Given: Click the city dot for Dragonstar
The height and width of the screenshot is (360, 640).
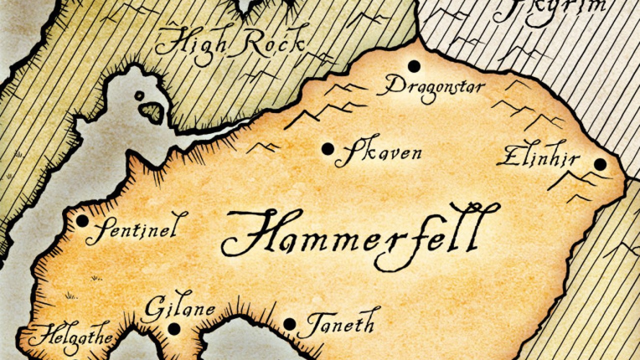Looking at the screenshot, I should click(413, 65).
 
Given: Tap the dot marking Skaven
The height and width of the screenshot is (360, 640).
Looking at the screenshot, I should click(327, 148).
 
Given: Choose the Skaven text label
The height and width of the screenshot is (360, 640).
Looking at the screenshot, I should click(378, 152).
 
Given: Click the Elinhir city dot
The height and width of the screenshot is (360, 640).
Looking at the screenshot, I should click(600, 164).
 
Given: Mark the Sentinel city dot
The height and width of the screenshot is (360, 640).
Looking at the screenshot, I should click(82, 220).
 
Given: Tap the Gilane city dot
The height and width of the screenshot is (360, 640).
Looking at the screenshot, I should click(173, 328).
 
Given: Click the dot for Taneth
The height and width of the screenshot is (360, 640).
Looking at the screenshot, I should click(289, 324).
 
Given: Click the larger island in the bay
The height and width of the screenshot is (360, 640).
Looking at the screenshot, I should click(152, 110).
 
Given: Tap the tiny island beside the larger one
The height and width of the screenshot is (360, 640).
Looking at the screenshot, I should click(139, 95).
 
